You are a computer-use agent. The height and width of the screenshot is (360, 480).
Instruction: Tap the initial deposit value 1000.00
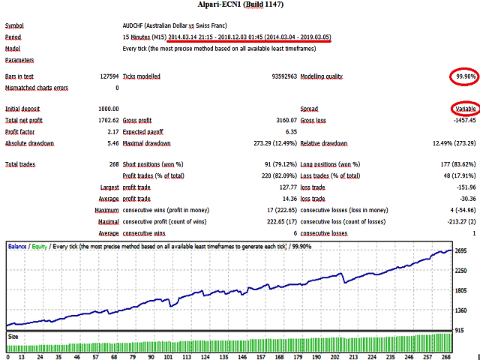click(x=108, y=109)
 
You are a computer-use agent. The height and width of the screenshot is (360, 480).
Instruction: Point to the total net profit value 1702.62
click(x=108, y=120)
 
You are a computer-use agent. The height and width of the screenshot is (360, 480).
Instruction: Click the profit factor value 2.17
click(x=112, y=131)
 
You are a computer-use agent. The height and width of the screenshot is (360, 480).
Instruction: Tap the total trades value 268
click(x=113, y=164)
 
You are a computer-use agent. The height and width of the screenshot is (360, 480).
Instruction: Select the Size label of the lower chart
click(x=13, y=337)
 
